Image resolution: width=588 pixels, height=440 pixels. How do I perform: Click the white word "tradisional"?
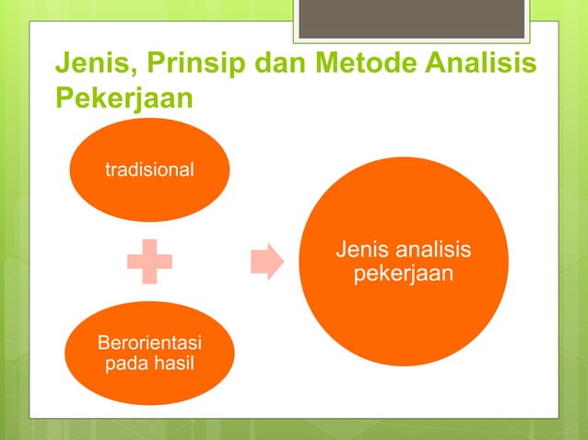point(149,169)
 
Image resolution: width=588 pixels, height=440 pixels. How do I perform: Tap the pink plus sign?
point(150,262)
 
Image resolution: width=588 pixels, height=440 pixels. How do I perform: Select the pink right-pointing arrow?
point(266,261)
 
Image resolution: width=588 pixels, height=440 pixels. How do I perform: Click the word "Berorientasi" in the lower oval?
point(150,344)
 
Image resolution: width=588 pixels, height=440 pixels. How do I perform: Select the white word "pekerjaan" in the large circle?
point(403,273)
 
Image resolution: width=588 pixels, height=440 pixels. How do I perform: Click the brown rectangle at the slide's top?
point(412,19)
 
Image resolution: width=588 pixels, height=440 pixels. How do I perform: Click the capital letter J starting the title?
point(63,65)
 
